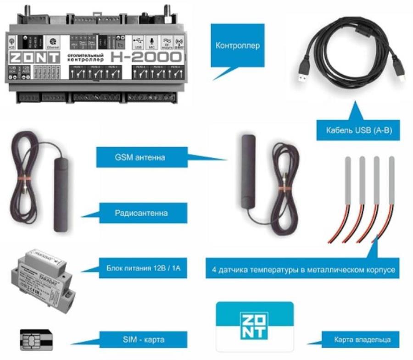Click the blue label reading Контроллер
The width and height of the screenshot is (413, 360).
coord(237,45)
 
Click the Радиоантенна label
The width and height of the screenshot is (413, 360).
coord(141,213)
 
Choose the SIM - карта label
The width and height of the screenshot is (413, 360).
coord(144,340)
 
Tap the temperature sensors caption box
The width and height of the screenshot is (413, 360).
coord(300,270)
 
